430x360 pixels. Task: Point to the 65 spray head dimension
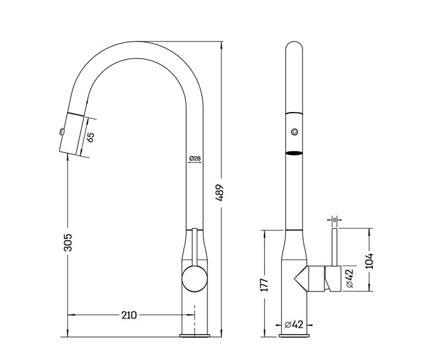point(91,137)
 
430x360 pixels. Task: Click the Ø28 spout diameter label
point(194,159)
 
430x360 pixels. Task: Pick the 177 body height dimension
point(265,284)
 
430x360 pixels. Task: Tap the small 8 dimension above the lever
point(334,220)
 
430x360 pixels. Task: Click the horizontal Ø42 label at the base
point(294,325)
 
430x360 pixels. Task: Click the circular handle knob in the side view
point(194,278)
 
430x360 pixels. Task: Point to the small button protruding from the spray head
point(60,131)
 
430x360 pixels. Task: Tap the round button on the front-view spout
point(294,132)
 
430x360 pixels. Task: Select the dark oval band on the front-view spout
point(294,153)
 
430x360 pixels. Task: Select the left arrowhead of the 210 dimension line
point(70,314)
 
